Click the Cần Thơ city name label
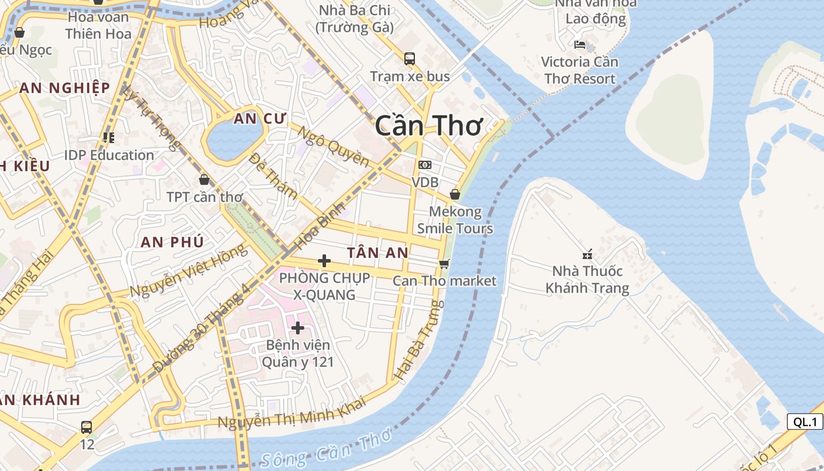point(428,126)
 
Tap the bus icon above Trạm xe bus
point(410,59)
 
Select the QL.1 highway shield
point(805,422)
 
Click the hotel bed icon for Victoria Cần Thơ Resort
point(580,45)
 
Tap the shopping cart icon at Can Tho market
point(444,264)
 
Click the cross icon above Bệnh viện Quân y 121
point(298,327)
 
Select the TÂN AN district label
point(377,253)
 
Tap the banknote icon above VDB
point(424,165)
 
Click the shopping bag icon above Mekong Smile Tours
point(455,194)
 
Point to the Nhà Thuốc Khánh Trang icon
point(587,254)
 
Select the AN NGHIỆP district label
point(65,88)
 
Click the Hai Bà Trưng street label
point(418,340)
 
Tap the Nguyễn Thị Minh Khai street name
point(292,413)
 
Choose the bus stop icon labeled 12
point(87,427)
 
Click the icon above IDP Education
point(109,138)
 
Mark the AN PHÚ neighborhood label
point(172,242)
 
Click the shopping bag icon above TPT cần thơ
point(204,180)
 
